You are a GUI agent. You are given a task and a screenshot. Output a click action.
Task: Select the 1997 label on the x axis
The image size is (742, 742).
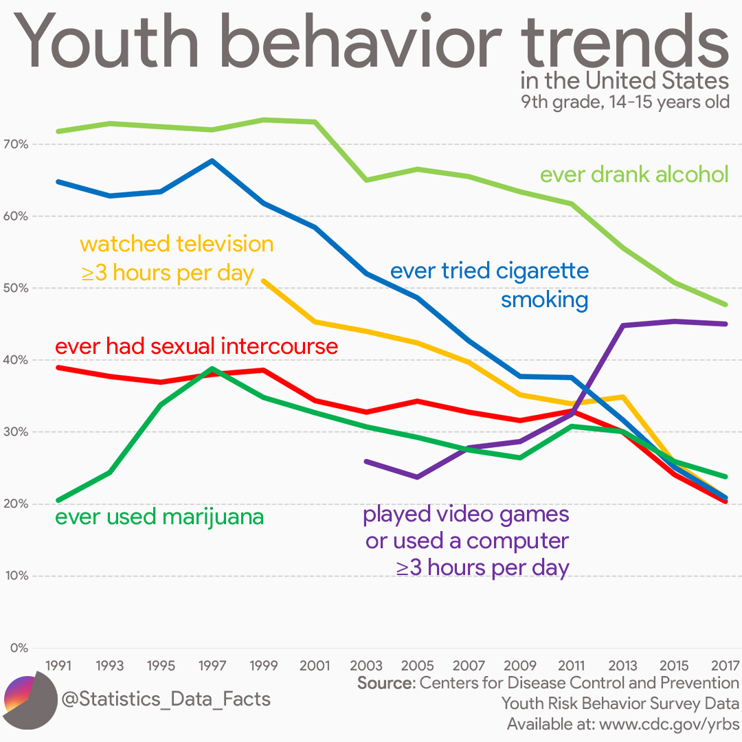[212, 666]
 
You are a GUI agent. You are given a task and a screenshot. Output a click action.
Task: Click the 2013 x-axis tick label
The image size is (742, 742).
[622, 666]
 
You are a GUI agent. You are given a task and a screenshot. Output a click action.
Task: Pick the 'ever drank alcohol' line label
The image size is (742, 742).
[633, 175]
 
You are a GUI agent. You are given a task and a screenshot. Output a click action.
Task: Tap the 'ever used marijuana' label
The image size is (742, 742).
[159, 517]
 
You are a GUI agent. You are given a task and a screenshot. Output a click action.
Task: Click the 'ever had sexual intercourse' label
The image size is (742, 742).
[196, 346]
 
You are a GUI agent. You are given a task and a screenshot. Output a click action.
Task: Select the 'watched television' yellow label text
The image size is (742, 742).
[177, 244]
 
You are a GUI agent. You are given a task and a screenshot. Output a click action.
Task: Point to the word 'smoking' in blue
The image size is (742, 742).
[544, 300]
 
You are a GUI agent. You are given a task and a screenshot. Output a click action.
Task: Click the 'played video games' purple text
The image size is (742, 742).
[466, 514]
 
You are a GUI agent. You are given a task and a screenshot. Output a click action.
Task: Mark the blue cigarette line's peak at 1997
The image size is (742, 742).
[212, 161]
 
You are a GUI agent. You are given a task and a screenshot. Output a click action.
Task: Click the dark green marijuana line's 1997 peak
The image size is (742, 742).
[212, 369]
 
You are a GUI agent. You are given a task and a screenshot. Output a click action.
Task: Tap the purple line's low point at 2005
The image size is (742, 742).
[417, 476]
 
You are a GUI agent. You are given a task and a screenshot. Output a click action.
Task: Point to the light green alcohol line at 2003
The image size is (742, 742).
[366, 180]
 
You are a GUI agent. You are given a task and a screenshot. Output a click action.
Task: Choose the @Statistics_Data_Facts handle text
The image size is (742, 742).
[166, 699]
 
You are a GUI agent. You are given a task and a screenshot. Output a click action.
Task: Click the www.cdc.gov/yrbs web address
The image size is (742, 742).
[668, 724]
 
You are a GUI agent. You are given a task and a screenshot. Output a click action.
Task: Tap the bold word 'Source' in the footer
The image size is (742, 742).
[385, 684]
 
